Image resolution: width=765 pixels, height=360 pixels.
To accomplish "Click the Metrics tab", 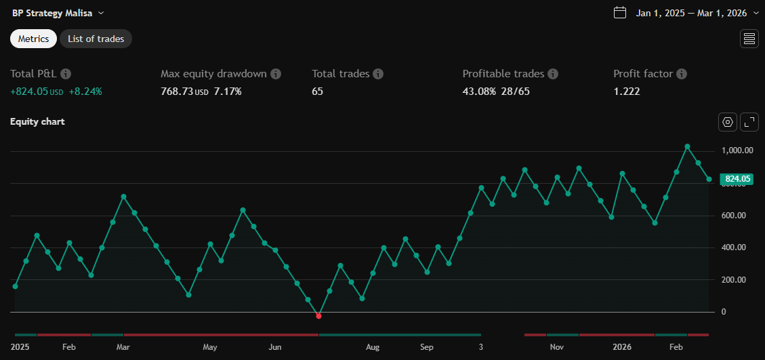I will (33, 39).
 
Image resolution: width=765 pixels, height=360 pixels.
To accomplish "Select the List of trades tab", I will (96, 39).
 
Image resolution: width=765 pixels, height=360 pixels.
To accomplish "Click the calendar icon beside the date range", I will (619, 12).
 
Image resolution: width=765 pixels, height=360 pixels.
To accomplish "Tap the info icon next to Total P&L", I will (66, 74).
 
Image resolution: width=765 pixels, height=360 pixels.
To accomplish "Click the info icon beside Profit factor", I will (682, 74).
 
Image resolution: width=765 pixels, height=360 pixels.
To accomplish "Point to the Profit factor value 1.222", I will (626, 91).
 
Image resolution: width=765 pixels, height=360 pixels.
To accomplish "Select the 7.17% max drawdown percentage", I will (228, 91).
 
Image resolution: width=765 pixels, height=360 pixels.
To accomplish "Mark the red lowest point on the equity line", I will (318, 316).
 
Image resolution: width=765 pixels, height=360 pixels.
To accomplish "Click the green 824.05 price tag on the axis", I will (738, 179).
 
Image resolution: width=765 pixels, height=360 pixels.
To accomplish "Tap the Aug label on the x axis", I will (372, 347).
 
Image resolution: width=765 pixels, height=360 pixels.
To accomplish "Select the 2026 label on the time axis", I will (621, 347).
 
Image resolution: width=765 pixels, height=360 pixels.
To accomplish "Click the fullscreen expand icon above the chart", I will (749, 122).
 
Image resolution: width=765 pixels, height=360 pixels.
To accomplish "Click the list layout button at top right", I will (749, 39).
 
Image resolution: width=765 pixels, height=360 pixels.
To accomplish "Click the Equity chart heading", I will (37, 122).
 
